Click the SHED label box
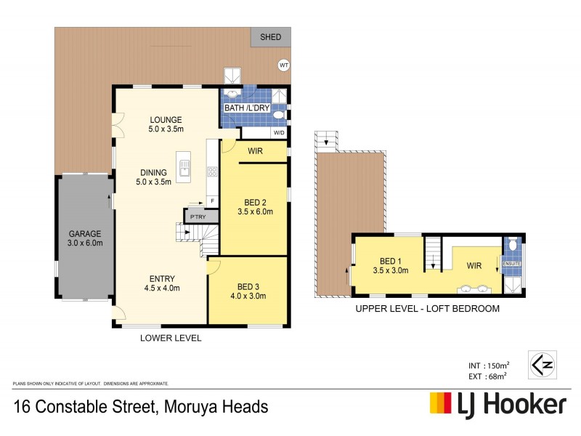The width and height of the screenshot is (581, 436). point(270,37)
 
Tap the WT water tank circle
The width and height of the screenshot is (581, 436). point(283,65)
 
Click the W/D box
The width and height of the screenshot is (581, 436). point(278,133)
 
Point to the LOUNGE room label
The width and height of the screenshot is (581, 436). point(166,120)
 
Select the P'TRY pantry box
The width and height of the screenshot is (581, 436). point(195,217)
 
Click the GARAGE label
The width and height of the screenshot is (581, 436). point(85,234)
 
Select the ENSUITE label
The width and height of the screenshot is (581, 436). point(511,265)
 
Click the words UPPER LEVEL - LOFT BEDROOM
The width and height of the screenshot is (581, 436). point(427,309)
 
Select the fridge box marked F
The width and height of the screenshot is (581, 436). point(212,201)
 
